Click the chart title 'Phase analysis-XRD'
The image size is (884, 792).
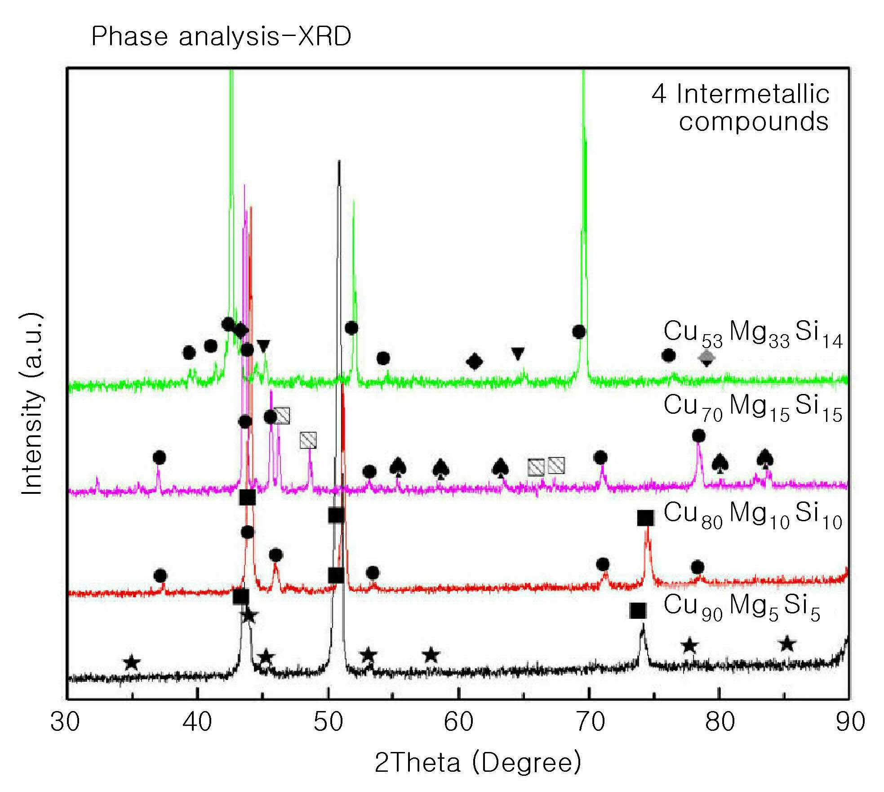click(221, 37)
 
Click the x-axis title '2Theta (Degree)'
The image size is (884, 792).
click(478, 762)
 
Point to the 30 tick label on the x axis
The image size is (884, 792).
click(65, 722)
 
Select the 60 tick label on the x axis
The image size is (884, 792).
click(458, 722)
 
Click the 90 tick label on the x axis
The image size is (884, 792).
click(849, 722)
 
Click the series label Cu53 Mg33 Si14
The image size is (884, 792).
click(753, 334)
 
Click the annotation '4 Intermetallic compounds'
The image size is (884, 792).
click(740, 108)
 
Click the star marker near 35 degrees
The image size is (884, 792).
click(132, 662)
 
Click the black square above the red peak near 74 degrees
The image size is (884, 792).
click(646, 518)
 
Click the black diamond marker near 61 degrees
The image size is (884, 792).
click(475, 361)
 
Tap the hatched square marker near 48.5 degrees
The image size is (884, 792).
click(308, 440)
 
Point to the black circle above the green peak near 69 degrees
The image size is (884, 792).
click(579, 332)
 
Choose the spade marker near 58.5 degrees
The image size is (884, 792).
click(441, 468)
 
